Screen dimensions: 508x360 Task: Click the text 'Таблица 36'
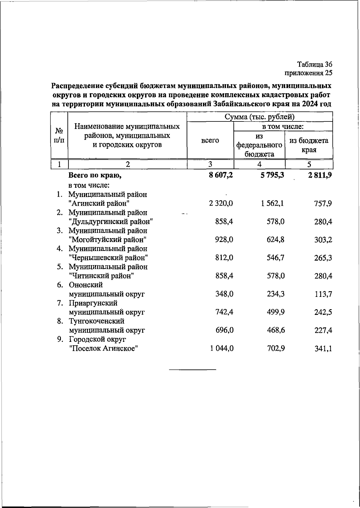(315, 64)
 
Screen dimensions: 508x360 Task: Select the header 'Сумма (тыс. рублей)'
(259, 117)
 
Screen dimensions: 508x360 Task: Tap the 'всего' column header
(210, 140)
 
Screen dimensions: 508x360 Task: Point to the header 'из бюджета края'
(309, 145)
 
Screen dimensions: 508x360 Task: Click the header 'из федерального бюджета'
(259, 145)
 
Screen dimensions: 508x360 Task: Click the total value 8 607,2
(221, 176)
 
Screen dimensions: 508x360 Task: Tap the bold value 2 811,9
(319, 176)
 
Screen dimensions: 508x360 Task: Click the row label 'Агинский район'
(99, 204)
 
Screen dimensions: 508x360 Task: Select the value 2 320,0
(221, 204)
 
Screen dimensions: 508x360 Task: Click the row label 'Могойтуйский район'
(107, 240)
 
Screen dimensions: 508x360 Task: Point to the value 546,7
(276, 258)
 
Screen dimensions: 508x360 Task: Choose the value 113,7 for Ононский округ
(323, 294)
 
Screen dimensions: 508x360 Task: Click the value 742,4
(224, 312)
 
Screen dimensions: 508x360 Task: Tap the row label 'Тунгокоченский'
(97, 321)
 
